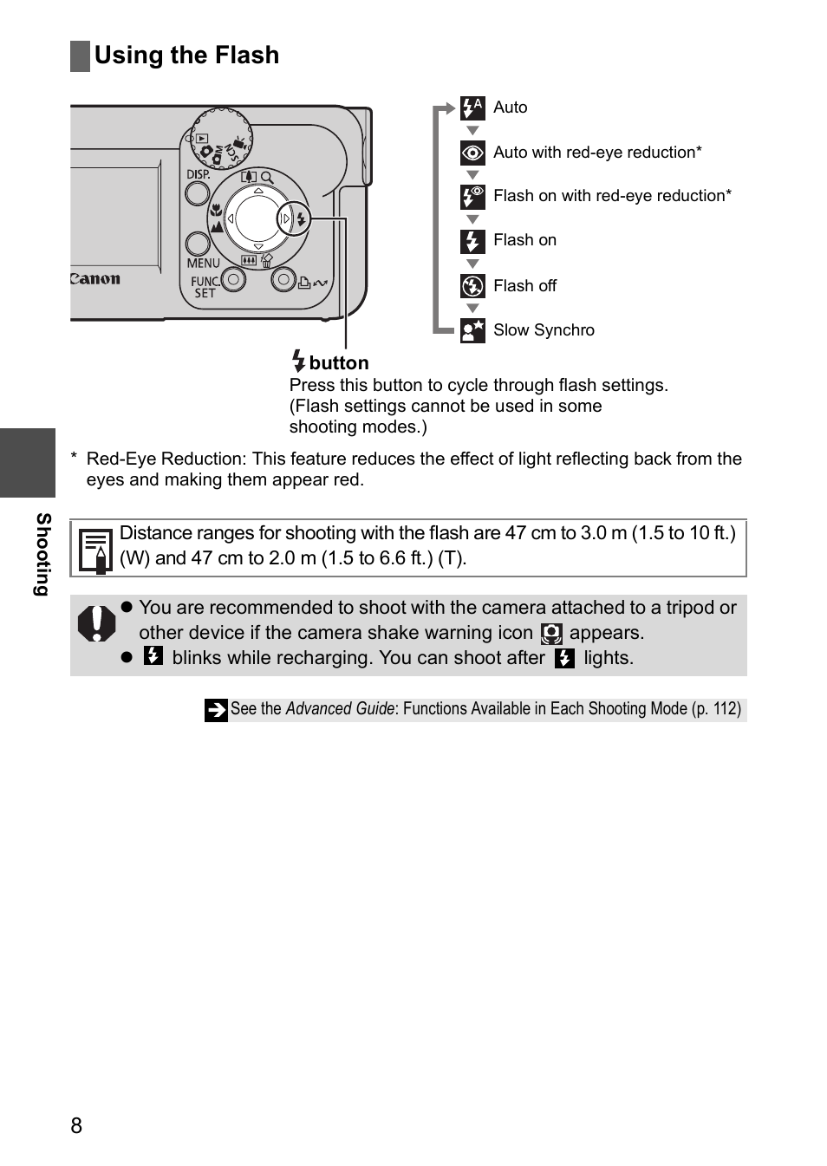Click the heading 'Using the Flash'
pos(186,55)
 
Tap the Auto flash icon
pos(472,107)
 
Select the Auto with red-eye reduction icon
pos(472,153)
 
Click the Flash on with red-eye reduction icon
pos(472,197)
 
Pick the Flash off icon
pos(472,286)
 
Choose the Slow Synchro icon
pos(472,330)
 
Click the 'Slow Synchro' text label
pos(544,330)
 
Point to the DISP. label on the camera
pos(199,174)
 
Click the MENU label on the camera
pos(203,263)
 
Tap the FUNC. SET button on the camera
pos(233,279)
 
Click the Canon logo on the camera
pos(95,279)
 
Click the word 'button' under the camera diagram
pos(339,363)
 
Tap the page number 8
pos(76,1125)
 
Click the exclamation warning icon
pos(96,622)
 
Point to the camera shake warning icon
pos(551,634)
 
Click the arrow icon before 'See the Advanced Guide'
pos(216,710)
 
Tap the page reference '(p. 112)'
pos(716,709)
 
